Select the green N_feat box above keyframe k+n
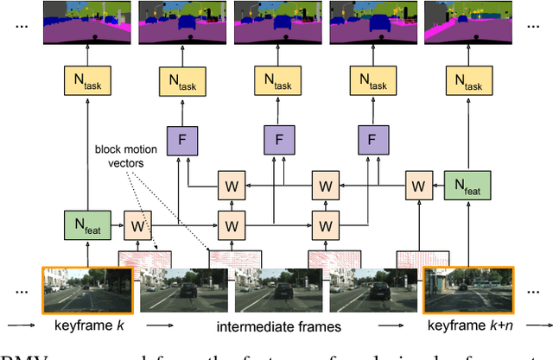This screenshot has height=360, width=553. point(467,186)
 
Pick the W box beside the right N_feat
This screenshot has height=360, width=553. point(418,186)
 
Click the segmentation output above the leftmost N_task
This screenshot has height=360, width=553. point(87,23)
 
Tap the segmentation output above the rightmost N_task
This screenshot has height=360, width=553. point(467,23)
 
